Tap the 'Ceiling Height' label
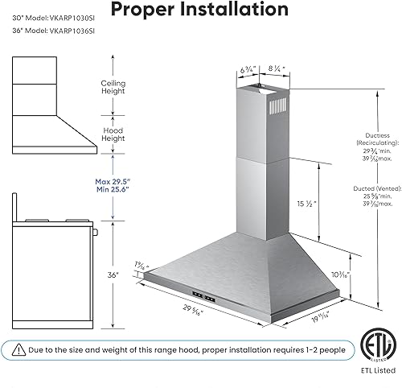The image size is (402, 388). [x=112, y=88]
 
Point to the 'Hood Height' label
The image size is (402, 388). [x=112, y=134]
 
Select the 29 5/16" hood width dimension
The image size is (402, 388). [x=191, y=307]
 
